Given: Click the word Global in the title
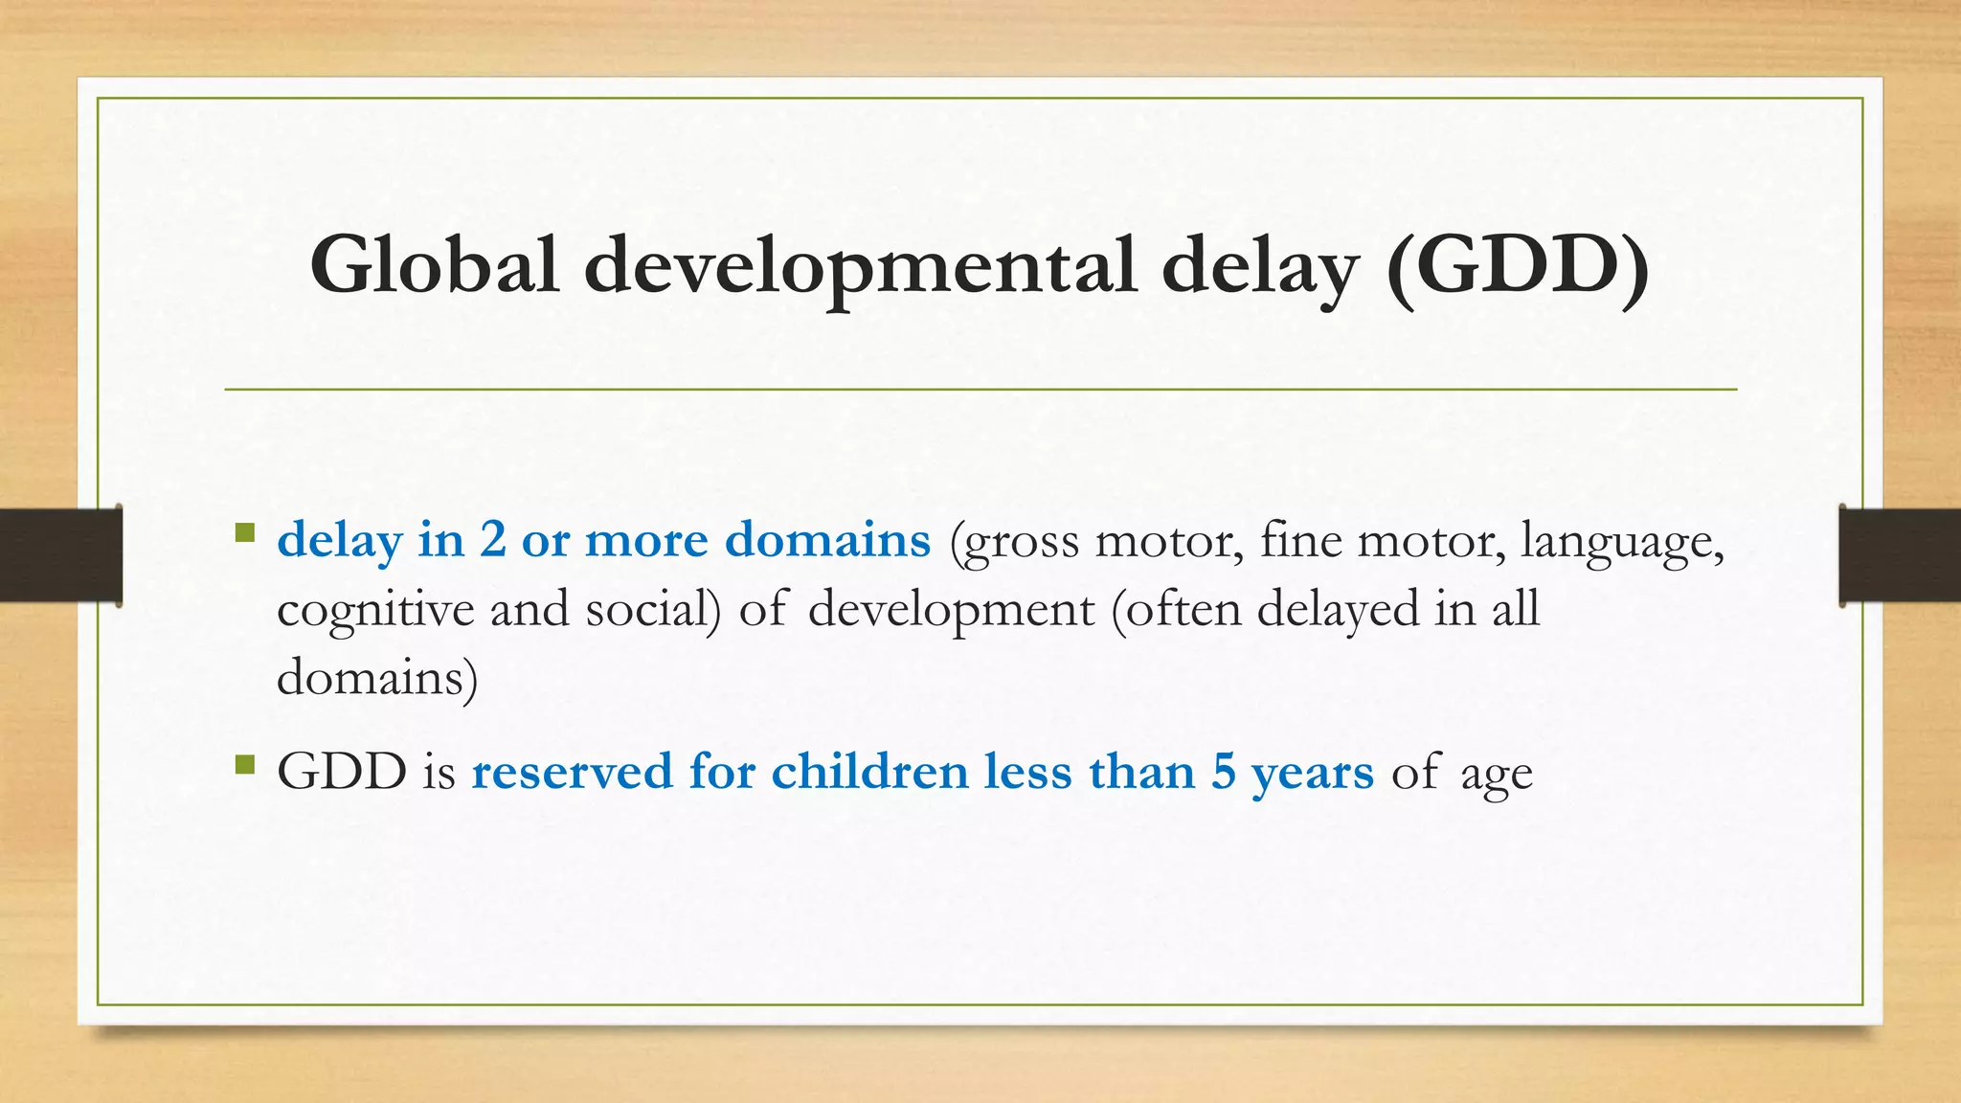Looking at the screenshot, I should pos(434,265).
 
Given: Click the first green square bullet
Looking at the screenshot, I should pos(245,532).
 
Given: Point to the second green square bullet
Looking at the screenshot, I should pos(245,764).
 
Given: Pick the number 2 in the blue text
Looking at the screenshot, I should pos(493,539).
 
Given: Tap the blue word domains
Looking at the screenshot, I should pos(827,539).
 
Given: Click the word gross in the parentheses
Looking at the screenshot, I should pos(1021,543).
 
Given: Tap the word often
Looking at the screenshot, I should pos(1183,609).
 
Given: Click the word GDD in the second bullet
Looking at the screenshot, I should pos(342,772).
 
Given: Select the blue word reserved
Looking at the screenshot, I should pos(572,772).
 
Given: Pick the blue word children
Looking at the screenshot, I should pos(869,772).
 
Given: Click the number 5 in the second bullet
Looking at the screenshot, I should pos(1223,772).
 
